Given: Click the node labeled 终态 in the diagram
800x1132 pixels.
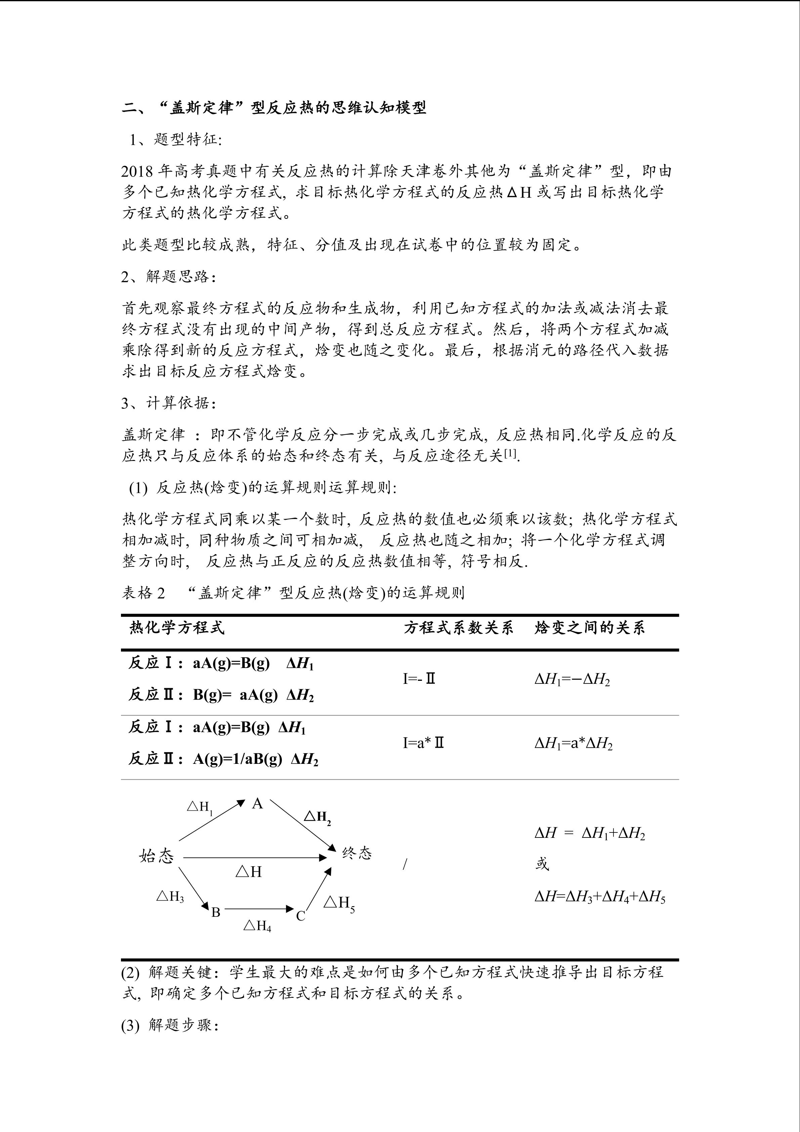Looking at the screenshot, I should [x=356, y=853].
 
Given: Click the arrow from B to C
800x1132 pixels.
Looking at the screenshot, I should [x=259, y=908].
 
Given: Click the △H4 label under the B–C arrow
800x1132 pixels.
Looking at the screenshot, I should [x=257, y=926].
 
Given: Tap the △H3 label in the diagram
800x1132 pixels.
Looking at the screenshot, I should [x=170, y=896].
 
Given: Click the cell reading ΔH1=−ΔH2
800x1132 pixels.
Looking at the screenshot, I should [x=572, y=680].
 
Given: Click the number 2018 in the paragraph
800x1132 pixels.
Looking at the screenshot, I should [x=138, y=171].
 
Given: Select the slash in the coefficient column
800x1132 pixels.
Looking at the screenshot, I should [x=405, y=864].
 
